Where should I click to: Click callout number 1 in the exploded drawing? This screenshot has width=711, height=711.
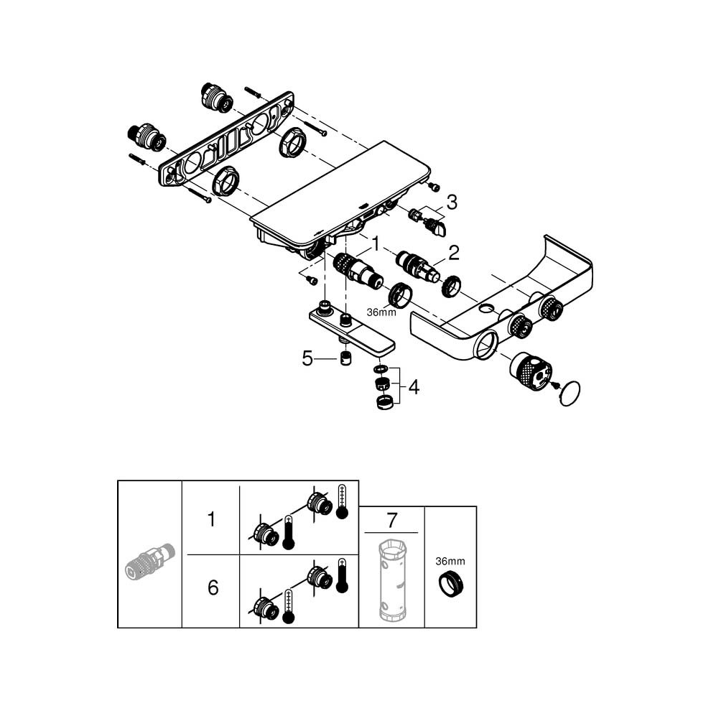tap(374, 246)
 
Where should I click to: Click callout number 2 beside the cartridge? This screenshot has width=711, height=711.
tap(453, 252)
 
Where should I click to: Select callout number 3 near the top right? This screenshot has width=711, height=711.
tap(451, 203)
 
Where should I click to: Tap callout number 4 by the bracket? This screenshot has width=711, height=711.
tap(414, 388)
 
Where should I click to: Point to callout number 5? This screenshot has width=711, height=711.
tap(307, 358)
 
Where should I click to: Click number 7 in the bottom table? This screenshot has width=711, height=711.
tap(391, 519)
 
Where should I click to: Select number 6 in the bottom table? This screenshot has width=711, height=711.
tap(212, 588)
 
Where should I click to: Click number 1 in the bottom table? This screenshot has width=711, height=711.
tap(211, 519)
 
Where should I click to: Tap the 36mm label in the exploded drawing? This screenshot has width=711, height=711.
tap(381, 312)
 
